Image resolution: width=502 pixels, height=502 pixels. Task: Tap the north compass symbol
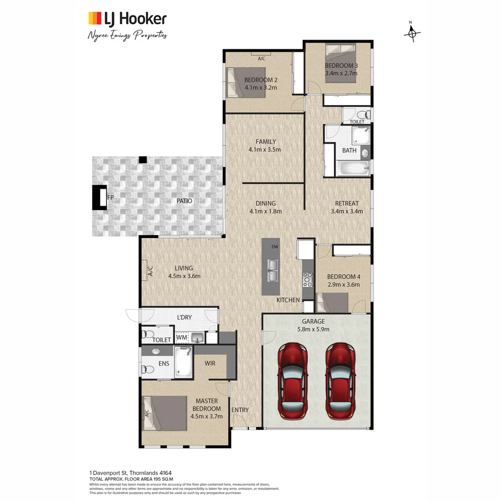coord(411,33)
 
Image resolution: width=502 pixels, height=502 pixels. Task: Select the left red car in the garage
coord(293,381)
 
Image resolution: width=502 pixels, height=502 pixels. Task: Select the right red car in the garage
coord(340,381)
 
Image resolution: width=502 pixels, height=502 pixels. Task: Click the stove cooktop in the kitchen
coord(308,279)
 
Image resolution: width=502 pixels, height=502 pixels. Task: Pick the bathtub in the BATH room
coord(353,168)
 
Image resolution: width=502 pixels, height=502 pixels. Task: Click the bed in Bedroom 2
coord(245,83)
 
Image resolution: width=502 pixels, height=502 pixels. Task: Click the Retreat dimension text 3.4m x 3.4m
coord(346,211)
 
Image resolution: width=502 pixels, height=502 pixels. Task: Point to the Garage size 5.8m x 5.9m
coord(313,329)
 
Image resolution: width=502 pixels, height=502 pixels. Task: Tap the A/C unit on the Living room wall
coord(150,271)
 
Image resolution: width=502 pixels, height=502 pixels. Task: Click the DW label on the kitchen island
coord(275,247)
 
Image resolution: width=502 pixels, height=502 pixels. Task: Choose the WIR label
coord(210,363)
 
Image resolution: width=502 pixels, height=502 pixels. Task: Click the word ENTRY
coord(240,410)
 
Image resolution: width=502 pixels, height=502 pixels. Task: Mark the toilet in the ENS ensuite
coord(148,370)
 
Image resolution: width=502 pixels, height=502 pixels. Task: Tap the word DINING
coord(265,203)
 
